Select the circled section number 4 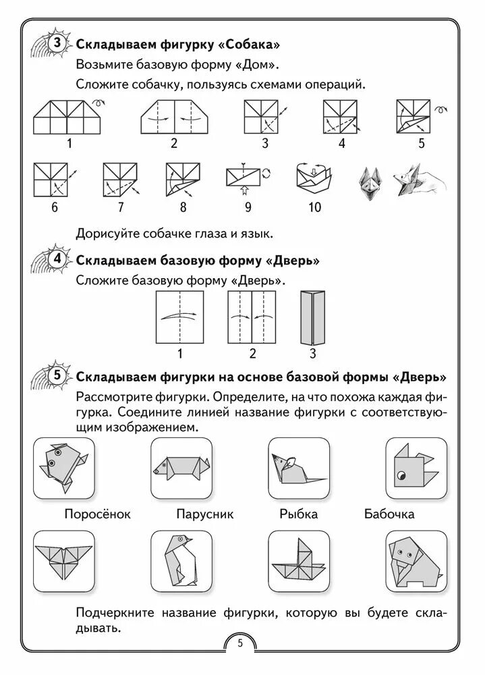57,260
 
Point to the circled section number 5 57,375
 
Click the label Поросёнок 98,514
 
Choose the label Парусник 205,514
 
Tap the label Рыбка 298,514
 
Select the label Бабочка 389,514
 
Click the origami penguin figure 180,560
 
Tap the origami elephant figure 416,560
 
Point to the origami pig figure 181,467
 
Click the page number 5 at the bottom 241,643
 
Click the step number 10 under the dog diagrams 315,207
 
